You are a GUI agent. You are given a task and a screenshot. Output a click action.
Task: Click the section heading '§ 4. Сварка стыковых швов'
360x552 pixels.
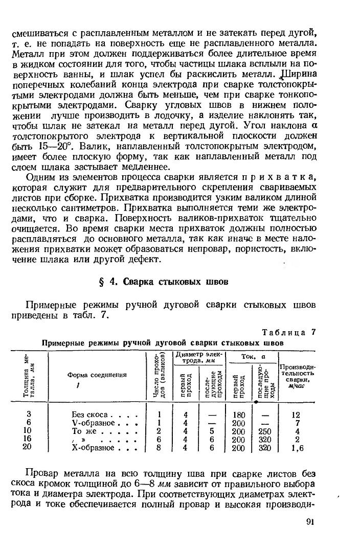click(163, 281)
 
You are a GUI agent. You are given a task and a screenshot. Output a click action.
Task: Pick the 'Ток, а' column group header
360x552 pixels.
click(252, 356)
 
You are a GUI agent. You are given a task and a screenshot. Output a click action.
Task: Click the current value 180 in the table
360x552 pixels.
click(238, 415)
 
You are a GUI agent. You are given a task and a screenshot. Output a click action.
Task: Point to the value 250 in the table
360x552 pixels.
click(264, 431)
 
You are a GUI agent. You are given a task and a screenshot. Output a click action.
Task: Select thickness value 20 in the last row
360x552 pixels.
click(28, 447)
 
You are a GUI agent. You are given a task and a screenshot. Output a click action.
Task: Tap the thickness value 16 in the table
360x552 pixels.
click(28, 439)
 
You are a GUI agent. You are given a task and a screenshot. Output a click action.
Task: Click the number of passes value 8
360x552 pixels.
click(159, 448)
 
